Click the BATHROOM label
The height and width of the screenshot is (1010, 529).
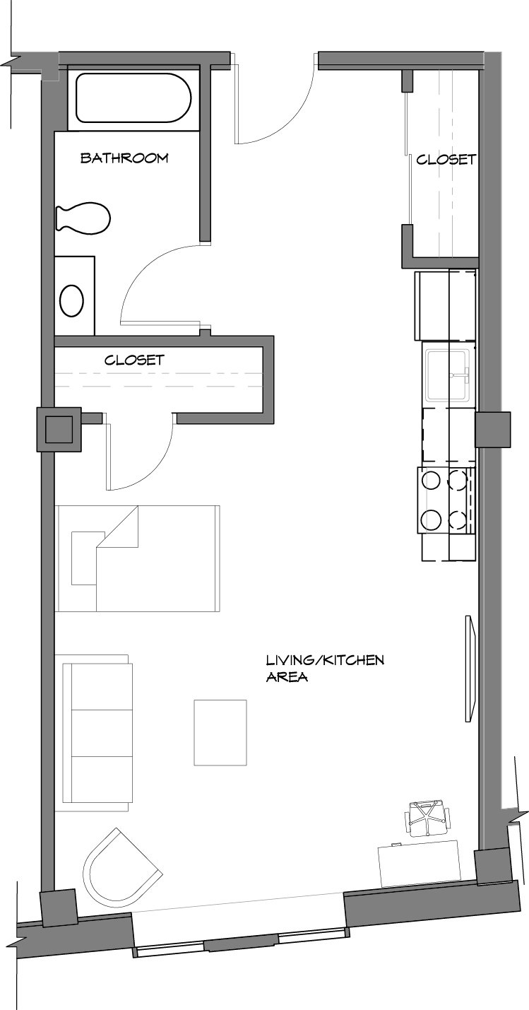(124, 158)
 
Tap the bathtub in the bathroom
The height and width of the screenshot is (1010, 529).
(133, 98)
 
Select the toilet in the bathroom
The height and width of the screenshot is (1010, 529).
(83, 218)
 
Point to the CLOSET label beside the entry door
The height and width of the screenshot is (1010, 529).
(446, 159)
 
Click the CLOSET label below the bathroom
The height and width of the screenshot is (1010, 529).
(134, 360)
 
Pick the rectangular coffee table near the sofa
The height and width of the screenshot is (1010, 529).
(220, 732)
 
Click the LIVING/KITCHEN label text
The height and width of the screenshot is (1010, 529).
(325, 661)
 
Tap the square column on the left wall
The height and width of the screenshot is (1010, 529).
(59, 430)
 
